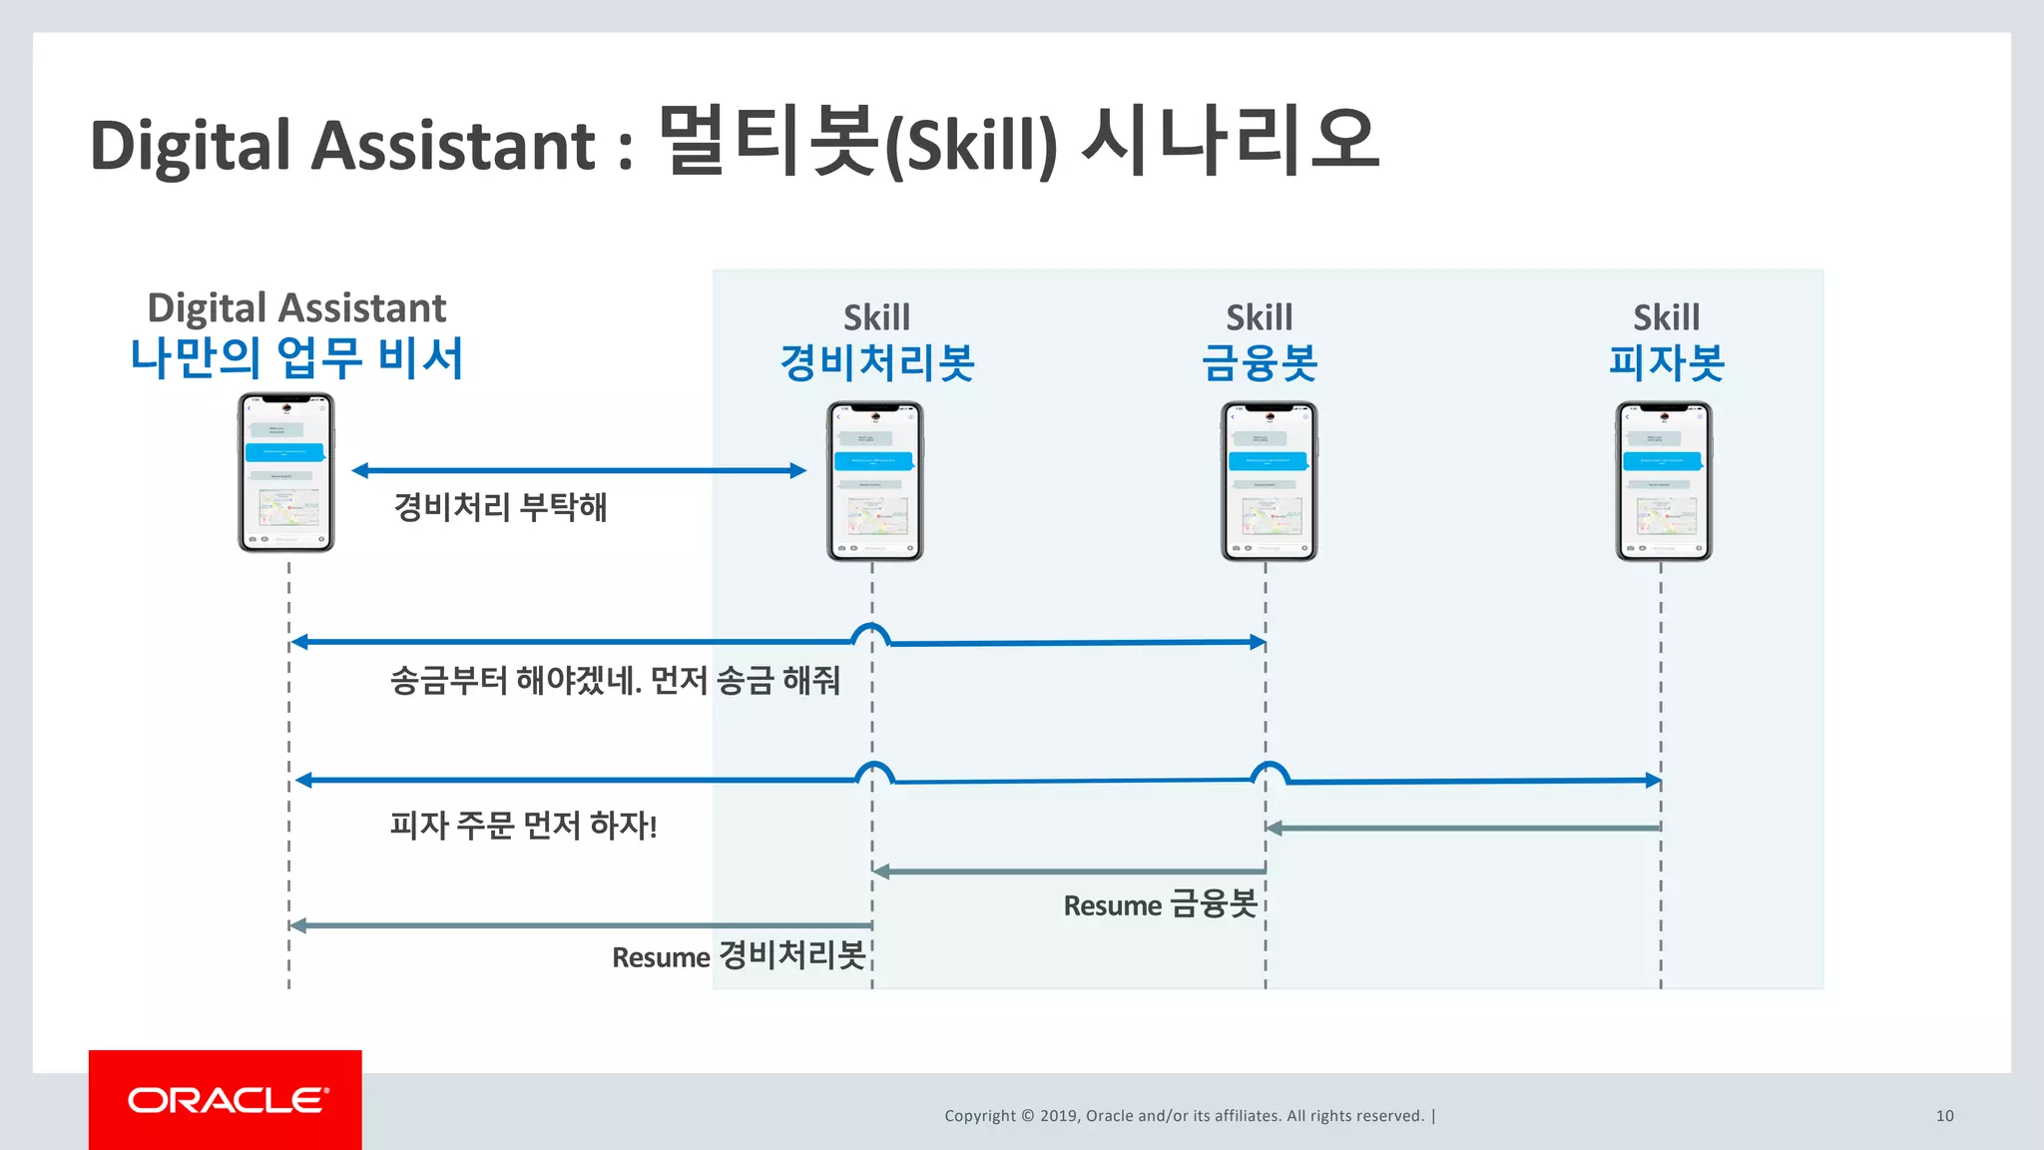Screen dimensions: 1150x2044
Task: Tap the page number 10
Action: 1944,1116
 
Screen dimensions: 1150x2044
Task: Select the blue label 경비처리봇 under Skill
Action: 877,361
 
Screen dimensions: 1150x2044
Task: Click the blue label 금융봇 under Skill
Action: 1260,361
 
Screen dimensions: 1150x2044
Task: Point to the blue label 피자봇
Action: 1667,361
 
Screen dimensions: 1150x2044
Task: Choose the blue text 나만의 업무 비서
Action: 296,357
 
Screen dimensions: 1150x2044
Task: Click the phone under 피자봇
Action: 1664,481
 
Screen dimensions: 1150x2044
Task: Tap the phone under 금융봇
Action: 1270,481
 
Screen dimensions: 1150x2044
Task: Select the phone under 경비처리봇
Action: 875,481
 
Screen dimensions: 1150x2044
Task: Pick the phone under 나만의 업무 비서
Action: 286,472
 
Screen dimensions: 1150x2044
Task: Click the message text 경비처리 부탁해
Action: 500,507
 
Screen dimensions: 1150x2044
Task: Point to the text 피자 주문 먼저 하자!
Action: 523,826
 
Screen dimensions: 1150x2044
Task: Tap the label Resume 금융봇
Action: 1160,904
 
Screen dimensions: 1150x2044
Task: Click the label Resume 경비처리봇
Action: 739,956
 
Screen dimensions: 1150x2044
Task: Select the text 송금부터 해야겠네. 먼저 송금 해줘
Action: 615,681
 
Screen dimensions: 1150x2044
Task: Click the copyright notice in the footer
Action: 1185,1116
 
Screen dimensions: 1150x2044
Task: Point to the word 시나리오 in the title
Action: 1231,141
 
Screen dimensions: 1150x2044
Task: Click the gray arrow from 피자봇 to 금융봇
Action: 1464,828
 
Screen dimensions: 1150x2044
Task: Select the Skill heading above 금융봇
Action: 1260,317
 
